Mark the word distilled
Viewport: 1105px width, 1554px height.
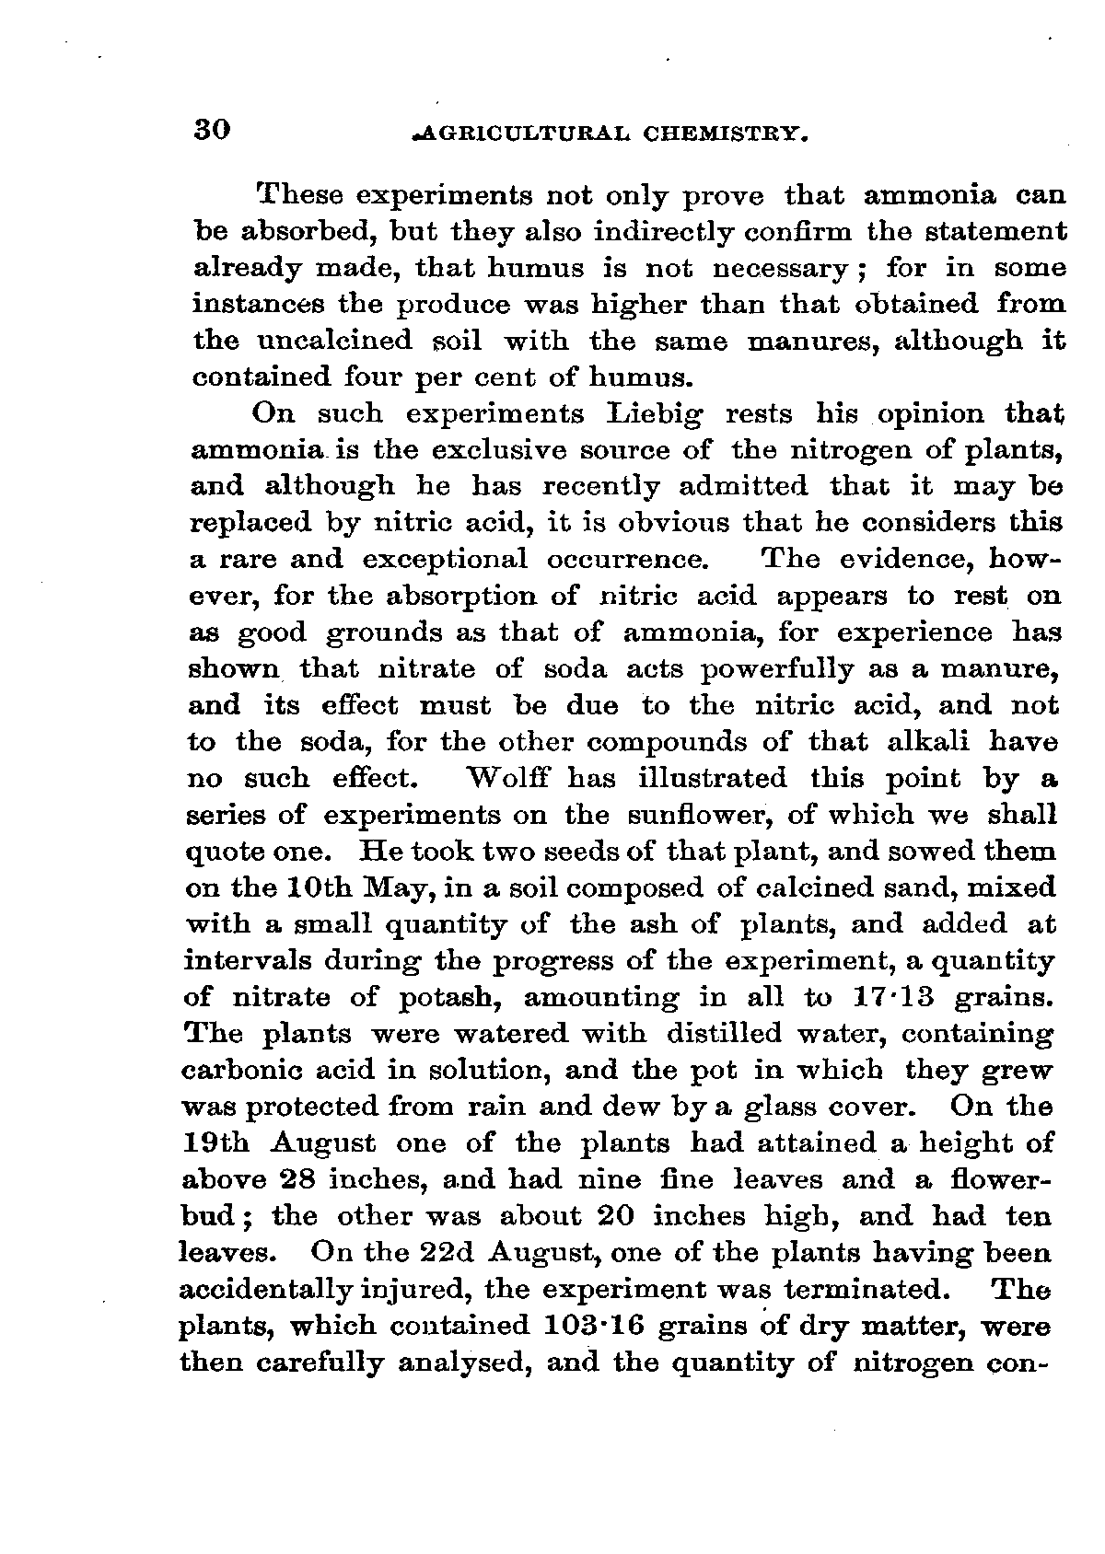point(730,1034)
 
